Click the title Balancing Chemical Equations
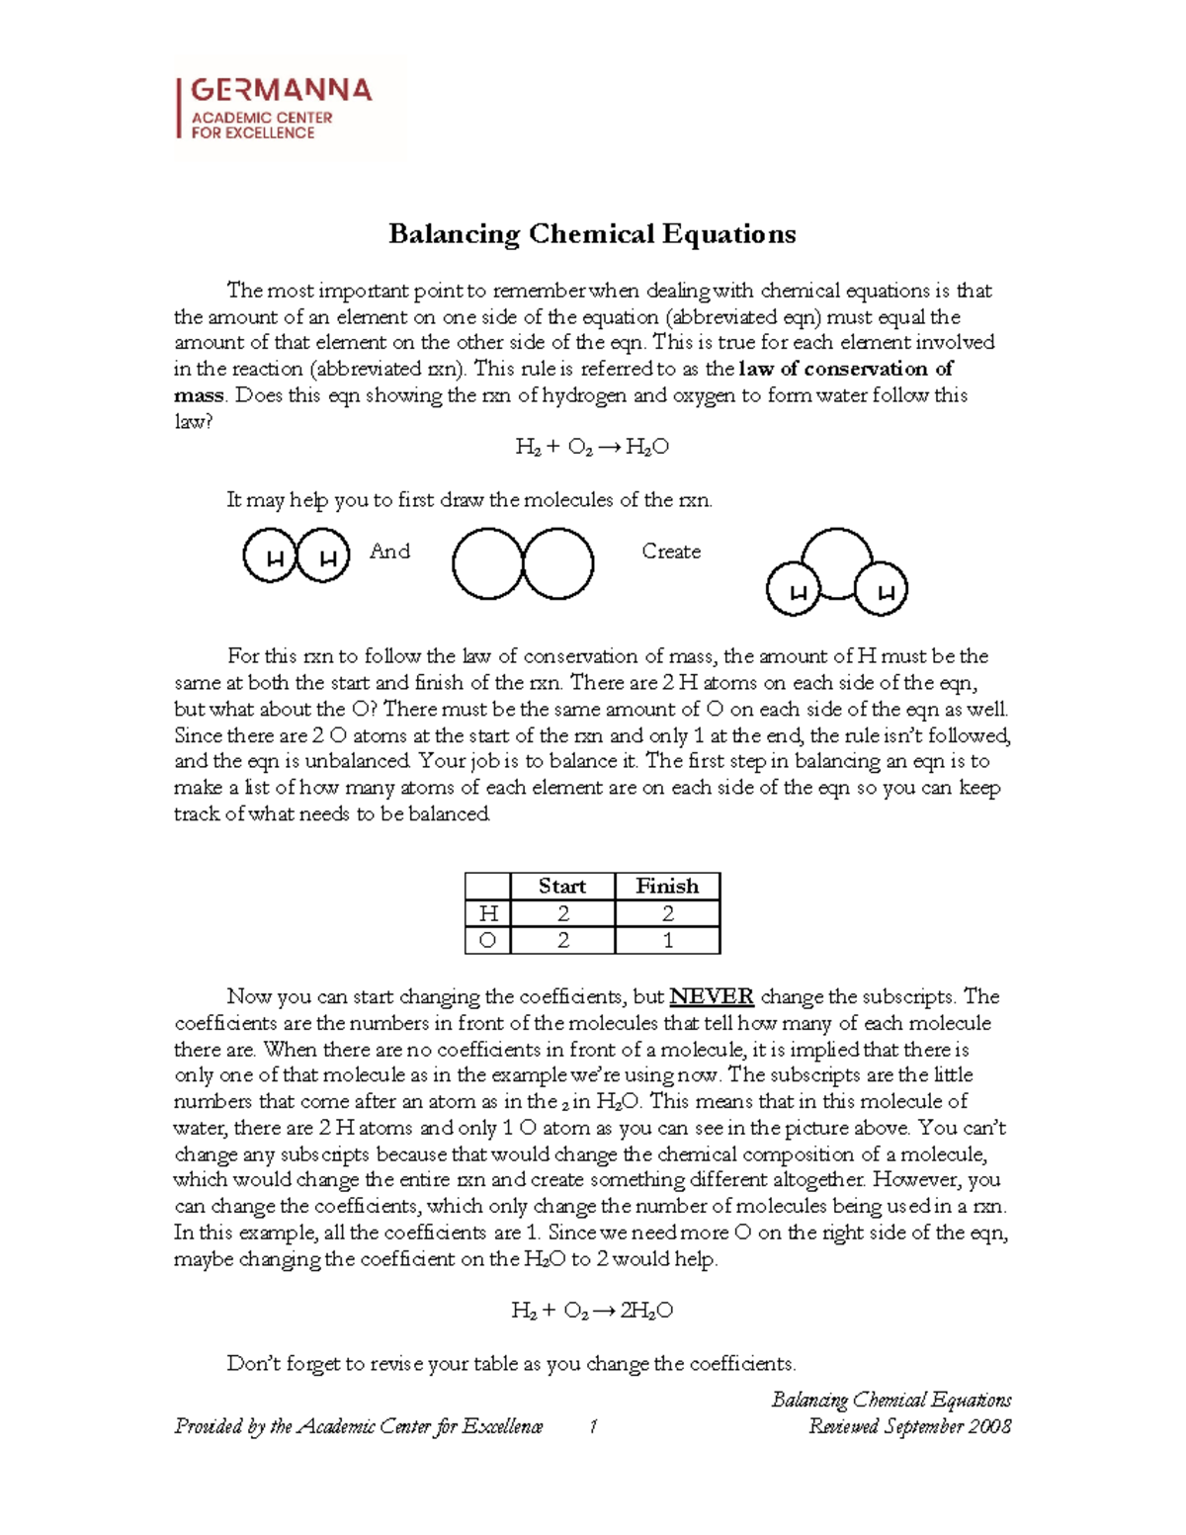coord(592,234)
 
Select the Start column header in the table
coord(562,886)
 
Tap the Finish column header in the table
coord(667,886)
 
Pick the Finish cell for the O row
coord(667,940)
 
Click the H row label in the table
coord(487,913)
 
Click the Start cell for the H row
coord(562,913)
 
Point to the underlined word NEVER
coord(712,996)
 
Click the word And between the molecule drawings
coord(389,552)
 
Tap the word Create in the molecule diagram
coord(671,552)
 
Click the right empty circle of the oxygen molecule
coord(557,563)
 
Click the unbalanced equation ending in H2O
coord(592,447)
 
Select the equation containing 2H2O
coord(592,1311)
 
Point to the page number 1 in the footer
coord(592,1426)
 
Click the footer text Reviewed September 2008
coord(909,1426)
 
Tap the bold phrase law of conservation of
coord(846,369)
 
